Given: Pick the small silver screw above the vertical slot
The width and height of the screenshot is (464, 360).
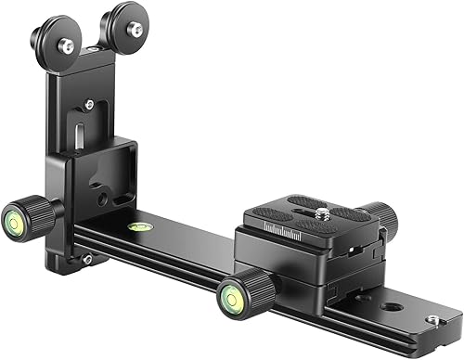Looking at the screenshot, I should tap(89, 105).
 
